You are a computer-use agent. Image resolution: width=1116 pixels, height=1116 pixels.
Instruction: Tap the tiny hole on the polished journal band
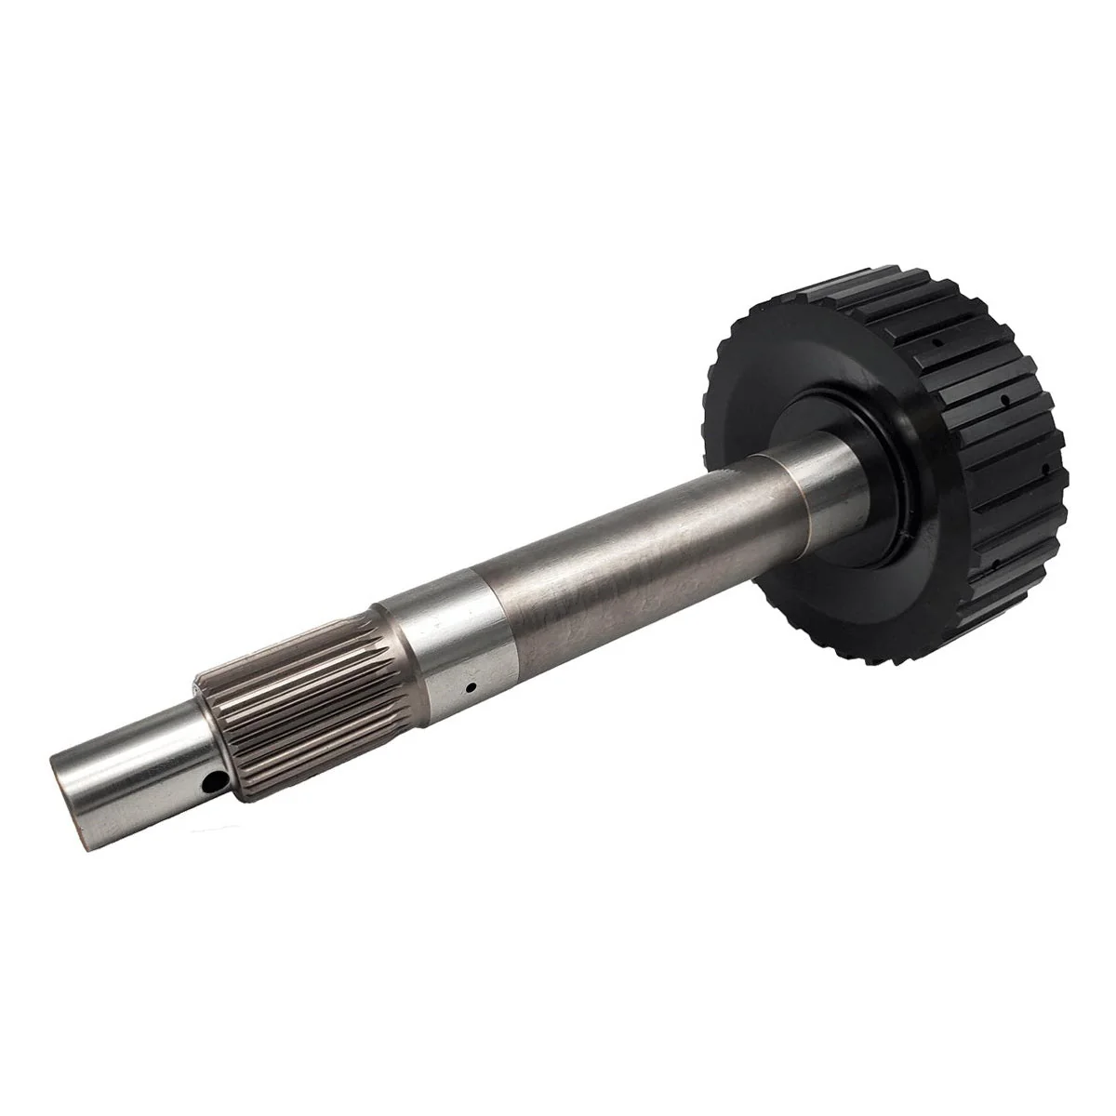pyautogui.click(x=472, y=689)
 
